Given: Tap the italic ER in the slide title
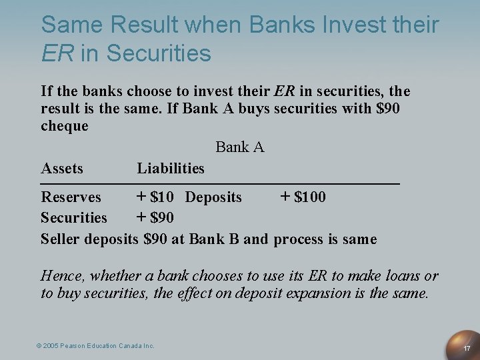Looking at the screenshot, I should (x=58, y=53).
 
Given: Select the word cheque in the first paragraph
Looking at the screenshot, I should (x=64, y=126).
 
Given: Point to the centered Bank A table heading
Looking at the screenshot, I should (x=240, y=147).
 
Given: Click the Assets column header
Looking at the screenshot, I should (x=62, y=168).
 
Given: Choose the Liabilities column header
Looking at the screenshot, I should (x=171, y=168).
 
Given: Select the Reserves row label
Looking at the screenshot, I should (x=71, y=197).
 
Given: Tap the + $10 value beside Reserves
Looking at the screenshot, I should (x=155, y=197).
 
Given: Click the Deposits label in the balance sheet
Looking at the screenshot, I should (x=213, y=197).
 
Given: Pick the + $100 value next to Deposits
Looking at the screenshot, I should (x=303, y=197).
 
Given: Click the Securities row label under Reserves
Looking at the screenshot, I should (x=73, y=218).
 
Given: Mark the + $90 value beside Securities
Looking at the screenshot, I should (x=155, y=217).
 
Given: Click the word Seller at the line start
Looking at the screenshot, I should (x=60, y=239).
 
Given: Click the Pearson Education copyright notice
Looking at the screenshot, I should (x=95, y=345).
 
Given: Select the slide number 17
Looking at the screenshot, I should (x=467, y=348).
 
